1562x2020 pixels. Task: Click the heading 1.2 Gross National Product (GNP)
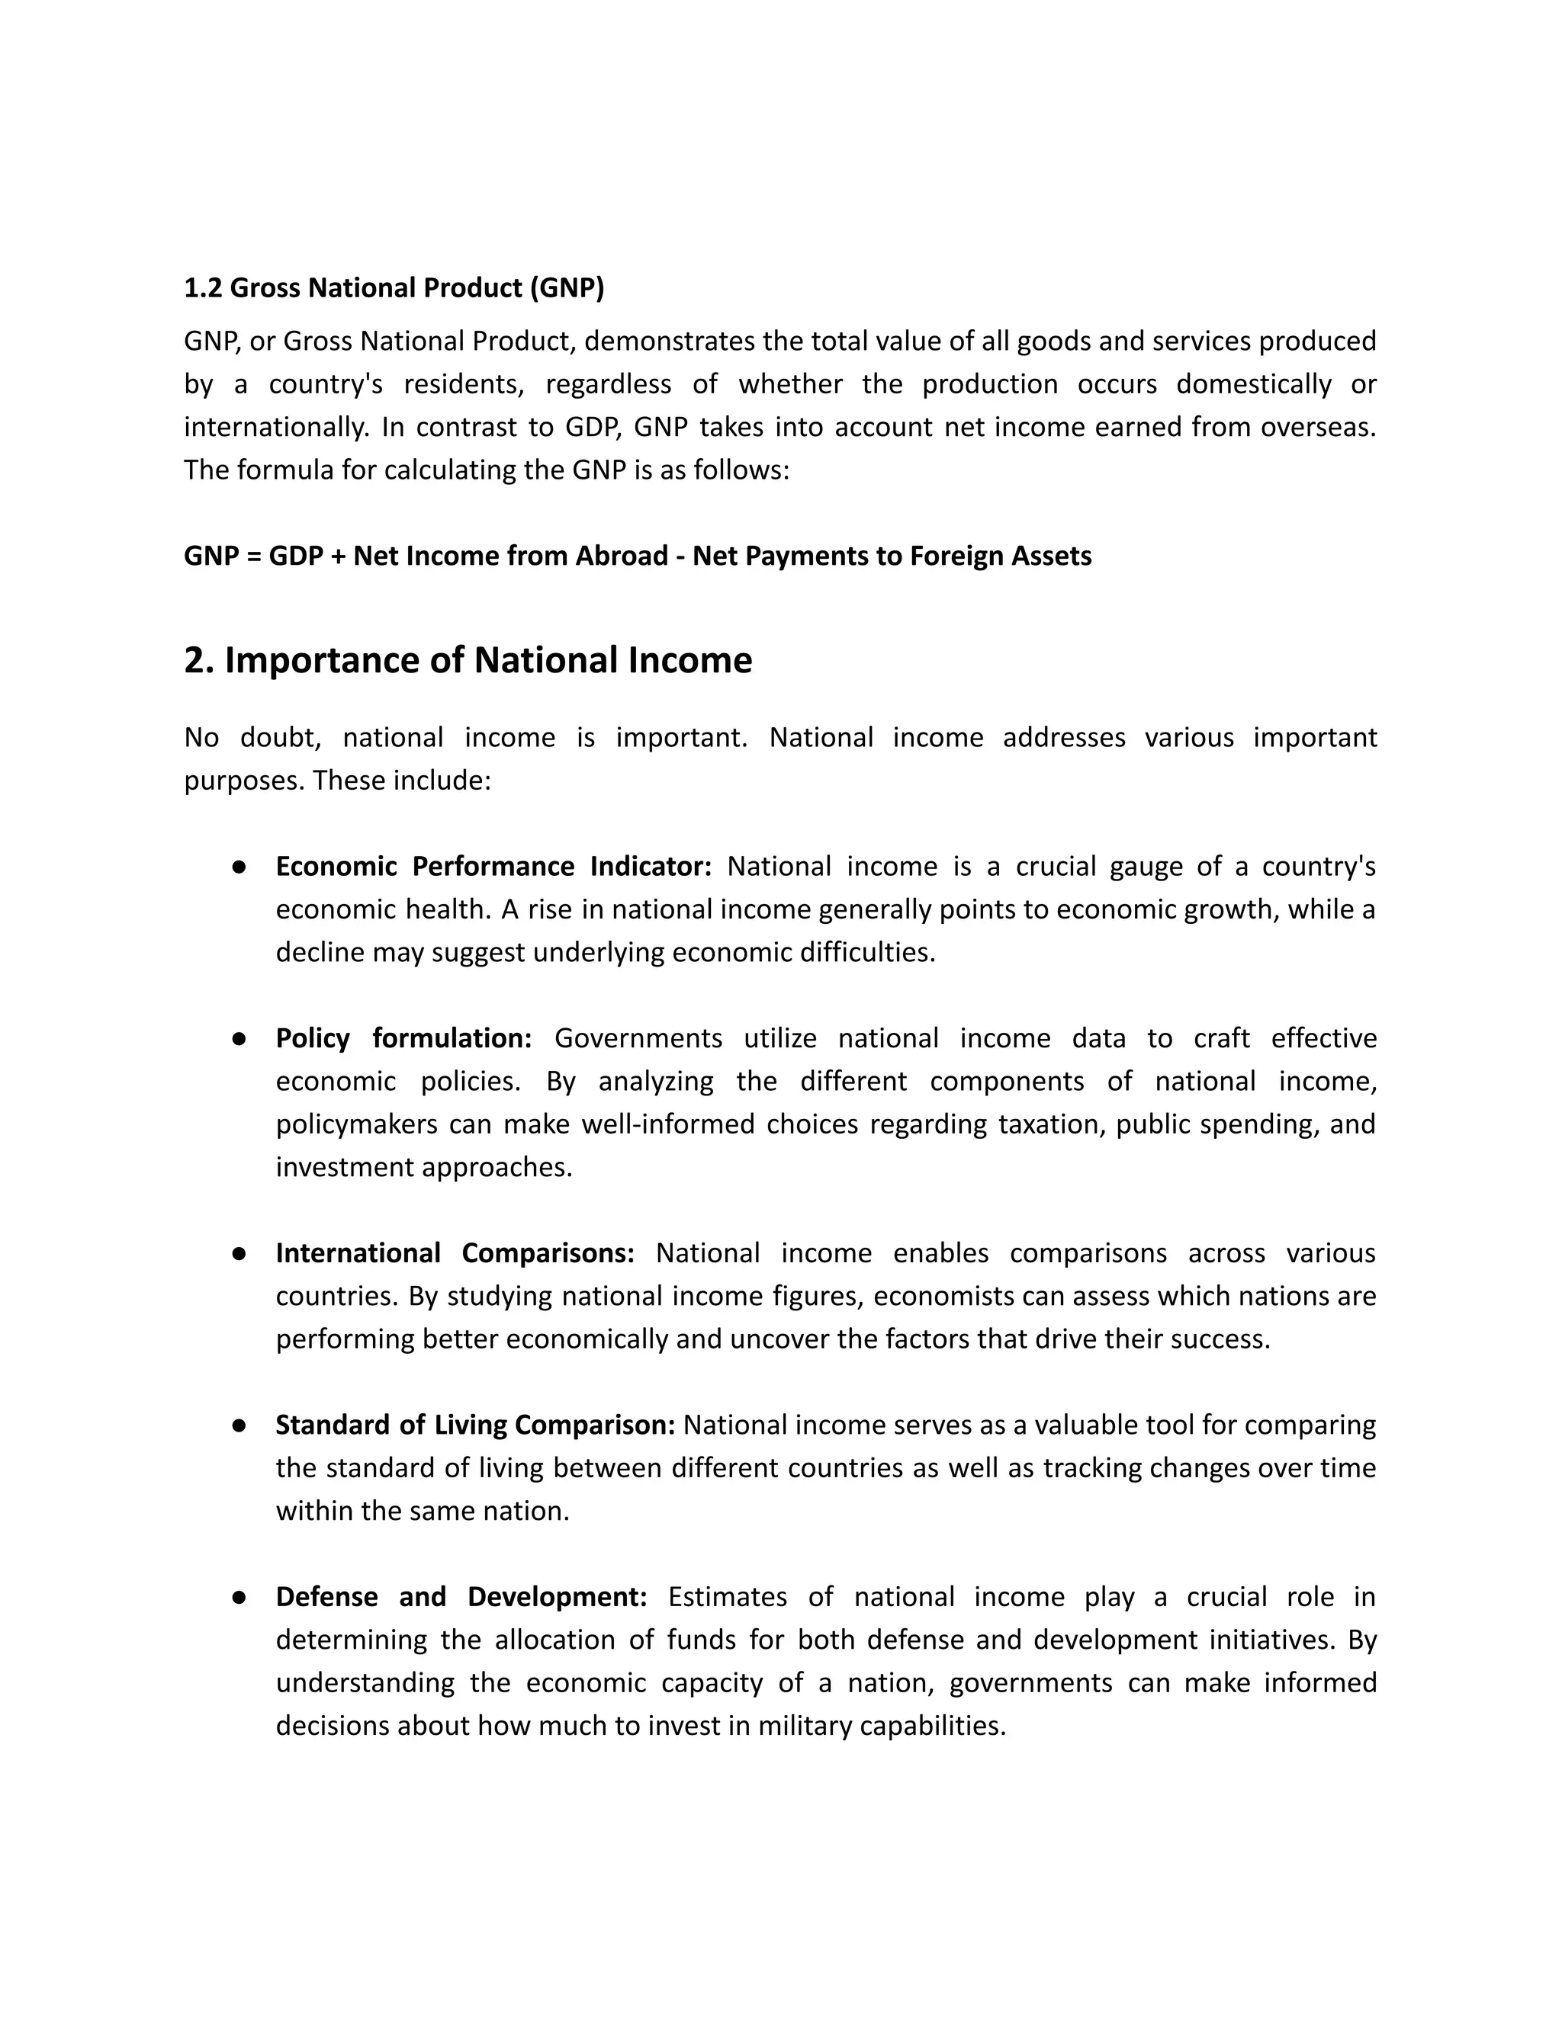click(x=394, y=289)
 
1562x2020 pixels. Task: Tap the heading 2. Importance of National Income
click(x=468, y=660)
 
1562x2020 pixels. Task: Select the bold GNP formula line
click(x=637, y=556)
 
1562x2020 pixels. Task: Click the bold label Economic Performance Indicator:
click(x=493, y=867)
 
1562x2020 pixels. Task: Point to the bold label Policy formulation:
click(x=403, y=1039)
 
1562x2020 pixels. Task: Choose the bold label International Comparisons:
click(x=455, y=1253)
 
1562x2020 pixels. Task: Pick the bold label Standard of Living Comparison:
click(x=474, y=1425)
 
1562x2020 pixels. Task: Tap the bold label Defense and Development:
click(x=461, y=1597)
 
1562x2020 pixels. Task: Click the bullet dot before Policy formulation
click(x=239, y=1039)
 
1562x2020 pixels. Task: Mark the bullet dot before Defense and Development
click(x=239, y=1597)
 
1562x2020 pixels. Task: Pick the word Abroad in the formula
click(x=624, y=556)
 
